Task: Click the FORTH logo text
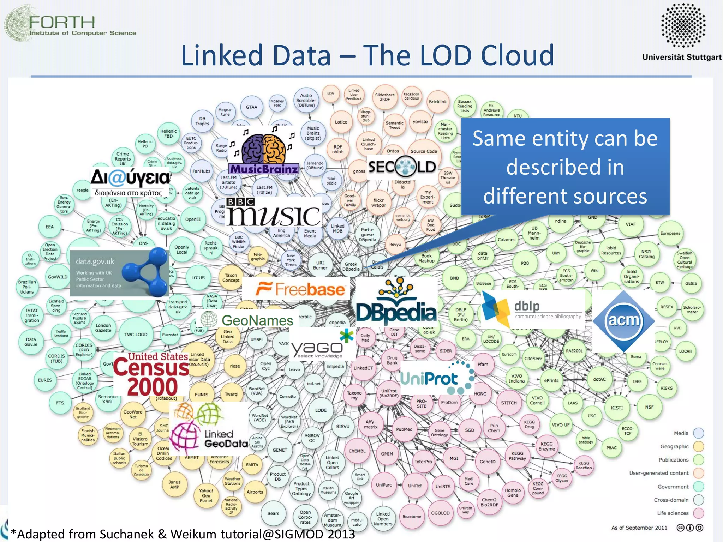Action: click(62, 23)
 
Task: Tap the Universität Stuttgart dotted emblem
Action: click(683, 25)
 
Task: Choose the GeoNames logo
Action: click(247, 320)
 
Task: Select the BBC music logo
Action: click(273, 212)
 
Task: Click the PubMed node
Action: click(404, 429)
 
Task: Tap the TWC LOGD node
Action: click(136, 335)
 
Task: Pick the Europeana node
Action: click(670, 233)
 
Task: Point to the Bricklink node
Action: click(438, 102)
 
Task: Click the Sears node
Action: click(273, 513)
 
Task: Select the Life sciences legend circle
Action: click(698, 513)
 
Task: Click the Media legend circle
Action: click(698, 433)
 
